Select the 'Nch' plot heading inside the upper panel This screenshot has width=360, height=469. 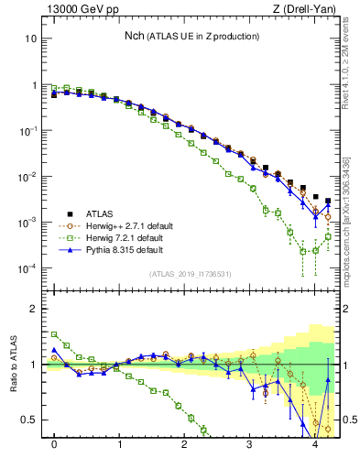(191, 36)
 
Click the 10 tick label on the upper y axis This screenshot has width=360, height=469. (30, 39)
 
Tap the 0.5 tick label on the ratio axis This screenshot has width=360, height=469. (27, 420)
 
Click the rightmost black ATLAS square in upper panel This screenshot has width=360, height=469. (328, 201)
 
